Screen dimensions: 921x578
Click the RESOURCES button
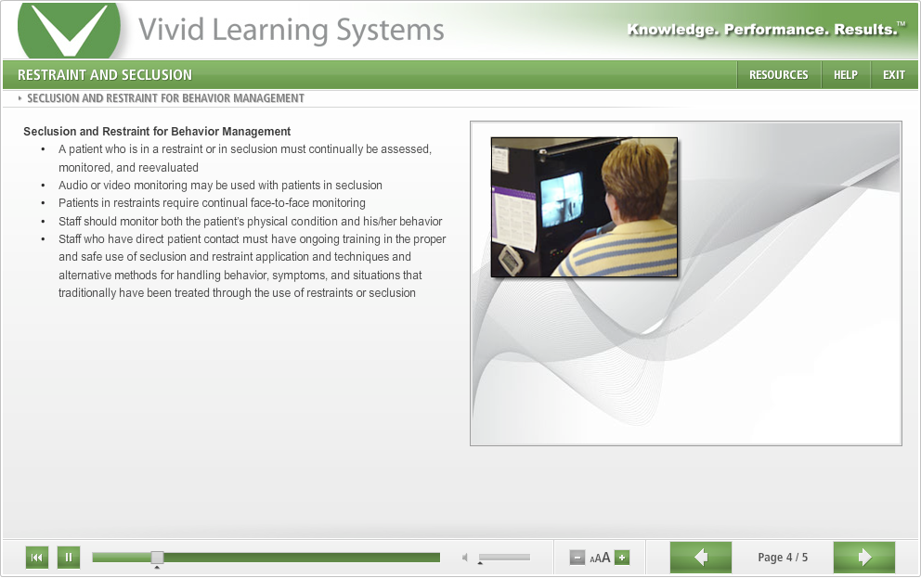[778, 75]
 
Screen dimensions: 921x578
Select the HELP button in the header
[845, 75]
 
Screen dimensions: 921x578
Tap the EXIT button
[894, 75]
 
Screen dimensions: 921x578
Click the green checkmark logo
[70, 30]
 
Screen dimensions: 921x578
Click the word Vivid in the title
[171, 30]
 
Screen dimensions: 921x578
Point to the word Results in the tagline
[866, 30]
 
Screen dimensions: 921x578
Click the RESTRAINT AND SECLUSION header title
[105, 75]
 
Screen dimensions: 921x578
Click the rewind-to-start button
[37, 557]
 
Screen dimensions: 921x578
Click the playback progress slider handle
[157, 557]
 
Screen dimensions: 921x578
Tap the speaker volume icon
[464, 557]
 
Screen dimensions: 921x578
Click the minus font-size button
[577, 558]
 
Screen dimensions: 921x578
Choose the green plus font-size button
[622, 558]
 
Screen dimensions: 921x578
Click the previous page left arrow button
[701, 557]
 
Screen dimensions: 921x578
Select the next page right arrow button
[864, 557]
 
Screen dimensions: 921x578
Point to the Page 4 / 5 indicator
[783, 558]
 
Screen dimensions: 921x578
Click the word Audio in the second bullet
[72, 186]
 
